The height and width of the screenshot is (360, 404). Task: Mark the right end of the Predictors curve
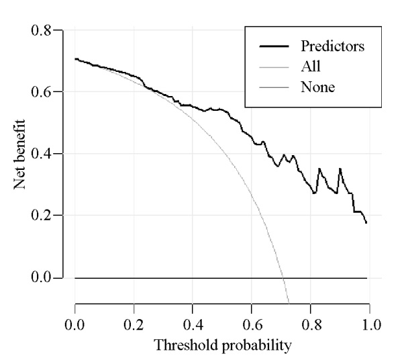366,222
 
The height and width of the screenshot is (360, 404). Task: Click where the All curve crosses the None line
282,277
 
